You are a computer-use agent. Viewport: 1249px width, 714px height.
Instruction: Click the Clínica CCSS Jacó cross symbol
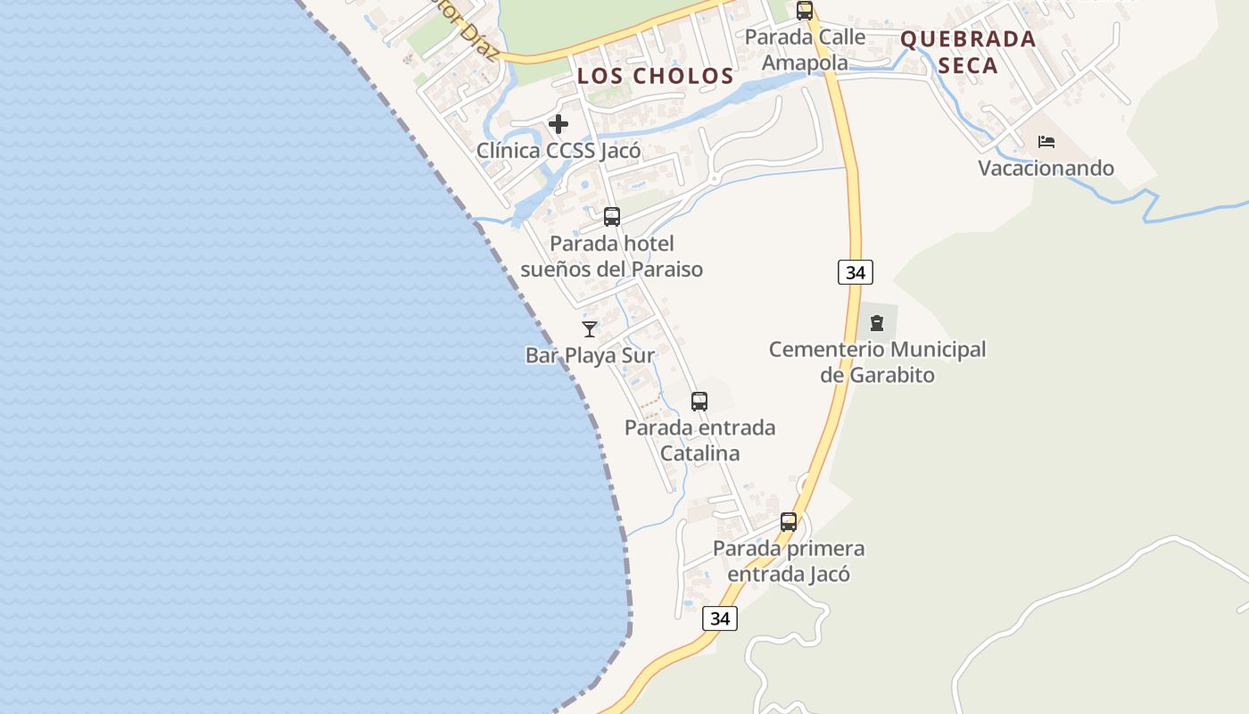[558, 124]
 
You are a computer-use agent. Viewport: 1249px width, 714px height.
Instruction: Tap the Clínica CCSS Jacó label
[558, 150]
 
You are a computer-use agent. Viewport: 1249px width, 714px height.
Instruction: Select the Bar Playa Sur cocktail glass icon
[590, 328]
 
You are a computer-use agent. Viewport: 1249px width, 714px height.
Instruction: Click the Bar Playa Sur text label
[590, 355]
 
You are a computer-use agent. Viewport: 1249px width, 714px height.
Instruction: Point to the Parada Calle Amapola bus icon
[805, 11]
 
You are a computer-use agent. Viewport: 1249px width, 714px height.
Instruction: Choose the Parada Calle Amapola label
[805, 49]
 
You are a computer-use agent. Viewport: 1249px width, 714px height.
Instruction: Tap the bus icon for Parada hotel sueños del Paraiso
[612, 216]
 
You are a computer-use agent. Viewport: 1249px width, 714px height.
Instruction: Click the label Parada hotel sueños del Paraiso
[612, 256]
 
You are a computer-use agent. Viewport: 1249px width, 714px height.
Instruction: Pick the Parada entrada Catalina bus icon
[699, 402]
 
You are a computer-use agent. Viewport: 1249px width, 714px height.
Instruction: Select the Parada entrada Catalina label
[699, 440]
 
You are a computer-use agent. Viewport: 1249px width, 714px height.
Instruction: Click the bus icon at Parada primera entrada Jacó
[789, 522]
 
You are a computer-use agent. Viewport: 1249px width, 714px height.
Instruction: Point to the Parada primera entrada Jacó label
[789, 560]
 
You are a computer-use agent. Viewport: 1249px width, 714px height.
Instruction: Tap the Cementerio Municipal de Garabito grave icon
[876, 322]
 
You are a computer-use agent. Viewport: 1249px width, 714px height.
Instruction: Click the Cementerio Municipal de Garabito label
[878, 361]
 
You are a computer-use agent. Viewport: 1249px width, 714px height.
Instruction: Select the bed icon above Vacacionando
[1046, 142]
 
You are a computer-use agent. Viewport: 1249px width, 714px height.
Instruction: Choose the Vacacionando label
[1046, 168]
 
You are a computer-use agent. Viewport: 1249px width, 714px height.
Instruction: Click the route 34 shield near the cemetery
[855, 272]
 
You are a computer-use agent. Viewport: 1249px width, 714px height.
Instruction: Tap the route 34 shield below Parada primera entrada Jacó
[720, 618]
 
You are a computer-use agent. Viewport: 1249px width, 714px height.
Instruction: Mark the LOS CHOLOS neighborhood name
[655, 76]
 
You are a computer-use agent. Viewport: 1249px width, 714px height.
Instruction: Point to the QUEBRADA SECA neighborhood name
[968, 52]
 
